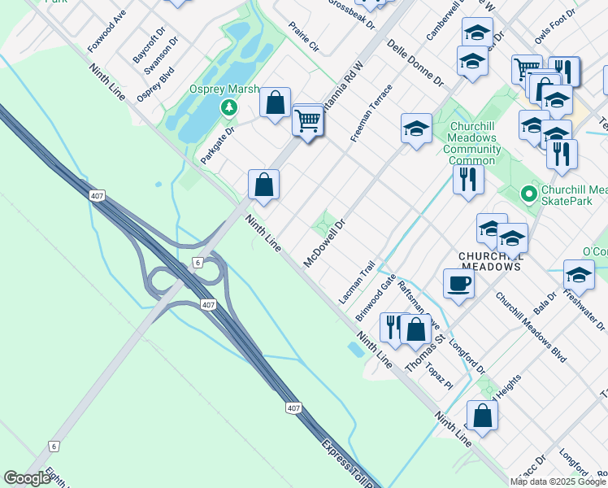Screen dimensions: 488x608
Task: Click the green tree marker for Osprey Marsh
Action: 230,107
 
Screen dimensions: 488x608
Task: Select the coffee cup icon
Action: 458,284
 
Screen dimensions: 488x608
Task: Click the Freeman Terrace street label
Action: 371,113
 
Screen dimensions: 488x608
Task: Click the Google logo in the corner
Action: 27,478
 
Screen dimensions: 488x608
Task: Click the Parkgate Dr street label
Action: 217,143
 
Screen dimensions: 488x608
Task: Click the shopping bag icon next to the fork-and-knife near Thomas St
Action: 415,329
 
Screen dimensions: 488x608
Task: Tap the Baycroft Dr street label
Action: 138,48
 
